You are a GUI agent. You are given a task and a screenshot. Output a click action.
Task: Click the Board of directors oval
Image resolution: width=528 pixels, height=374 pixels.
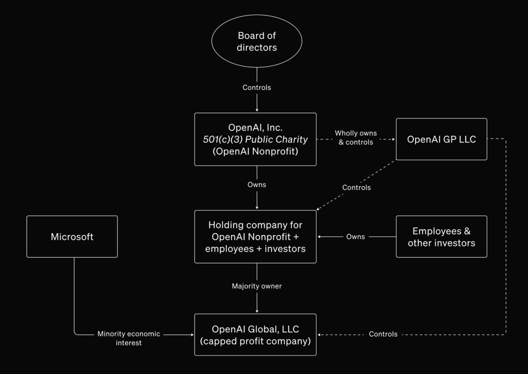click(257, 41)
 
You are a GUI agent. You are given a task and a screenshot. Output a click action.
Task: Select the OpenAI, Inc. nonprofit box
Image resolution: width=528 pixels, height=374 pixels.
click(255, 139)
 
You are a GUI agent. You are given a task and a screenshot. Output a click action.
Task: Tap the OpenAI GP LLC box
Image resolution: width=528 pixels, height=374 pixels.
click(441, 139)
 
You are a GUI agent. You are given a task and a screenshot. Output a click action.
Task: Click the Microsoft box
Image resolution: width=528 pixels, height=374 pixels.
click(72, 237)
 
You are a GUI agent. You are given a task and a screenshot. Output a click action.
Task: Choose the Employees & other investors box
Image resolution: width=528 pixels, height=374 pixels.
click(441, 237)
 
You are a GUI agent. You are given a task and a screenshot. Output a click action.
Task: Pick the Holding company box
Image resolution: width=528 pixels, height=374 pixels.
click(255, 237)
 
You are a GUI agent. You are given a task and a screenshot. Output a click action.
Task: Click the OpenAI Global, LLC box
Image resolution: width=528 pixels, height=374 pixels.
click(255, 334)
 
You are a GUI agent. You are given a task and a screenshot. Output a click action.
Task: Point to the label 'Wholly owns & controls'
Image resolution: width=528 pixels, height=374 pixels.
click(356, 138)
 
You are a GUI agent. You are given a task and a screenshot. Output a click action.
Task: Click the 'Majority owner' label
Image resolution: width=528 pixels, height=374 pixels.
click(257, 286)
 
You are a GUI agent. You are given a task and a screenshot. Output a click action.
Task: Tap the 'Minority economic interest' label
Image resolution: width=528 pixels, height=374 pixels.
click(129, 338)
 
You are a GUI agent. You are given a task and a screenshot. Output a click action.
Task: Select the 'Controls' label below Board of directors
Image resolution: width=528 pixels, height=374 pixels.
click(257, 88)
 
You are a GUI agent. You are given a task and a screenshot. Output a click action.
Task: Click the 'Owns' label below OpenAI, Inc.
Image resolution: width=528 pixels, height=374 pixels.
click(257, 185)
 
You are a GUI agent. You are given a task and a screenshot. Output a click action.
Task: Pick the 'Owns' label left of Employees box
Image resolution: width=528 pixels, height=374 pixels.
click(356, 237)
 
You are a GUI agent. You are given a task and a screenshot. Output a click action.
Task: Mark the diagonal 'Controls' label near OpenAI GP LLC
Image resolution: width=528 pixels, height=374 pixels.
click(356, 188)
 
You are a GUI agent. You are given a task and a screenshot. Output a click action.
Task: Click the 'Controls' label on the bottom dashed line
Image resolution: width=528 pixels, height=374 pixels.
click(383, 334)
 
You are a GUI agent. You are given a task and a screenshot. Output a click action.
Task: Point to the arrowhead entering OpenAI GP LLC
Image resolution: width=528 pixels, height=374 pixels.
click(394, 139)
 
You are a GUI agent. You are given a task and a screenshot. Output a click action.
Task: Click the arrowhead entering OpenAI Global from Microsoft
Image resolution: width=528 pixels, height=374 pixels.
click(192, 334)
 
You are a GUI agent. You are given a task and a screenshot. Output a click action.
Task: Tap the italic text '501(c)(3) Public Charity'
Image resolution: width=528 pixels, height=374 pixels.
click(255, 140)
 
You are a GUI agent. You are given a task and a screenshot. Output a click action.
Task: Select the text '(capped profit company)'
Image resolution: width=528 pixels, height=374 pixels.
click(255, 341)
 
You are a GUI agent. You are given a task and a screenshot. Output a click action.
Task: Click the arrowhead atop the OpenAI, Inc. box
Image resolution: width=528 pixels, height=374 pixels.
click(257, 110)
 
